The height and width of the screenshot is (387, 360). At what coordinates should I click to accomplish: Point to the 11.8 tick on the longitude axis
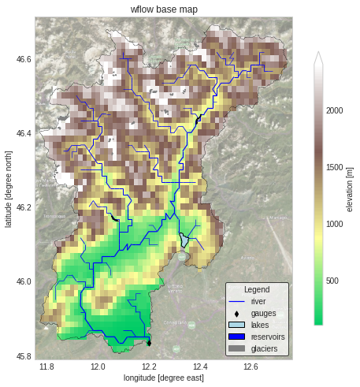click(x=46, y=367)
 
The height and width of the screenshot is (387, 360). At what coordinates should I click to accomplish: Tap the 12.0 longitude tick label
click(x=98, y=367)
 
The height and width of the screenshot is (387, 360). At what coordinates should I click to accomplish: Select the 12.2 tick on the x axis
click(x=149, y=367)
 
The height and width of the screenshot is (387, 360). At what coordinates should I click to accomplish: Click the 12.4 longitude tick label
click(x=200, y=367)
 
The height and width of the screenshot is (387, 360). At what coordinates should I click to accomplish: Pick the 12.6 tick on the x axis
click(x=251, y=367)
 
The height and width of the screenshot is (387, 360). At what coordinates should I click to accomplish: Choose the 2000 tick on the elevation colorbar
click(x=336, y=111)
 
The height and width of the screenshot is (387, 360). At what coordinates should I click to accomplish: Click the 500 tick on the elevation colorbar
click(x=332, y=281)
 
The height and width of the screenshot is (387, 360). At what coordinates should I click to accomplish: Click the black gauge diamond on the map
click(x=149, y=343)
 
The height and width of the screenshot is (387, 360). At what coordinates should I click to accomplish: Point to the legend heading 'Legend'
click(x=257, y=290)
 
